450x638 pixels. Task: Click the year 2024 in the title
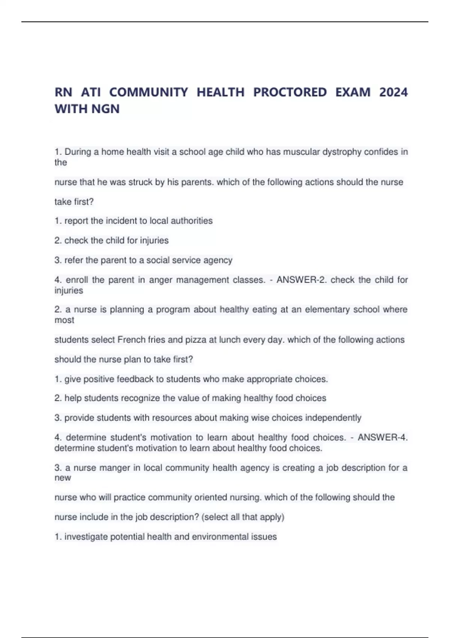pyautogui.click(x=393, y=92)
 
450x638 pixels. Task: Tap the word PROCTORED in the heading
pyautogui.click(x=290, y=92)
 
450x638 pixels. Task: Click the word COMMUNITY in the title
pyautogui.click(x=148, y=92)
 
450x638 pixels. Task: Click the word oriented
pyautogui.click(x=223, y=498)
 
